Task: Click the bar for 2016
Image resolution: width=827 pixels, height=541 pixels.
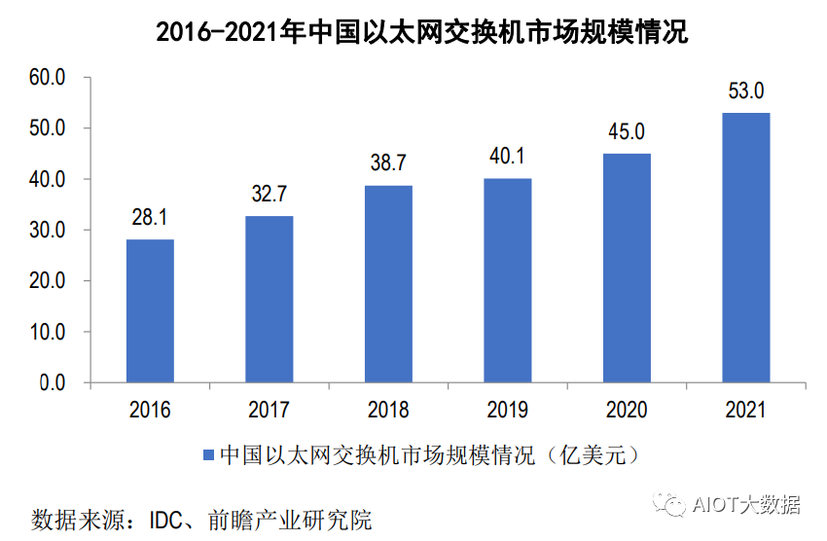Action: (x=150, y=311)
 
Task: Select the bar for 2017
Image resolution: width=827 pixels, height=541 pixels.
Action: (x=270, y=300)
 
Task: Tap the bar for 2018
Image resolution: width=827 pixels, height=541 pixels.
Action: (x=388, y=284)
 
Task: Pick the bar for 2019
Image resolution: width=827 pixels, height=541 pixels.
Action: (x=508, y=280)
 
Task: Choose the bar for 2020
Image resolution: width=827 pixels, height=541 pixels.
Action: (x=627, y=268)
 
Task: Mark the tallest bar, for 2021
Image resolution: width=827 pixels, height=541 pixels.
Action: (x=746, y=247)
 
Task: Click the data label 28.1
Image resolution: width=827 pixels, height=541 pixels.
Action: (x=150, y=218)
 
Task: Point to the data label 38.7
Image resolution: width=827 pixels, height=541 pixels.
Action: (x=388, y=163)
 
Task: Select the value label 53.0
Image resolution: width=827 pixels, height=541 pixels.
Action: (x=746, y=91)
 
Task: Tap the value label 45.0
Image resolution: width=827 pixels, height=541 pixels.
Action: (x=627, y=132)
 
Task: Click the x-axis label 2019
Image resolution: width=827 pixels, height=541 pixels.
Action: (x=508, y=410)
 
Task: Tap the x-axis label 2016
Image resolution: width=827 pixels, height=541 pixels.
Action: (x=150, y=410)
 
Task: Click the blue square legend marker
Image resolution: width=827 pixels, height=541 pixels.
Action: (x=208, y=455)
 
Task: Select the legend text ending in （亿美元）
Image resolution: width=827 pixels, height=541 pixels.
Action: (x=428, y=455)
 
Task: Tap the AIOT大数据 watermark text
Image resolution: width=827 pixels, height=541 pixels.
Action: (x=746, y=505)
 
